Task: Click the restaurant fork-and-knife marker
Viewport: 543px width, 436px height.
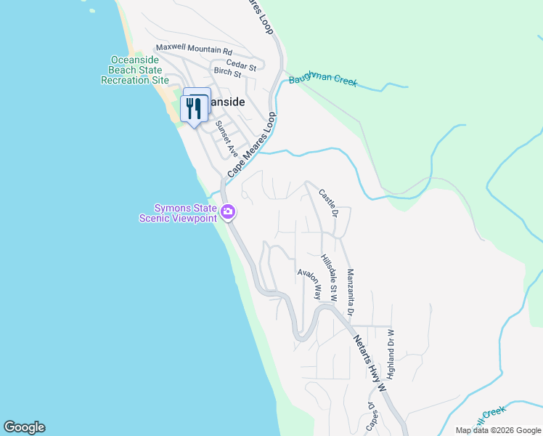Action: point(195,108)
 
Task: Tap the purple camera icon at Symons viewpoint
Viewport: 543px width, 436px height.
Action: point(228,212)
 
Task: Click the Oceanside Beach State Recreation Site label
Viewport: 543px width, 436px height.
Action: point(139,70)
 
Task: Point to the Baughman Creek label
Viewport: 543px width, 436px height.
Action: point(323,81)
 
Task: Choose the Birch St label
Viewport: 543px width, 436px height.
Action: point(227,73)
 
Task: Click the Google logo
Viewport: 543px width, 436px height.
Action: point(24,427)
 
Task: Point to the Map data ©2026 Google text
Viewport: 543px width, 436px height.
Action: point(498,430)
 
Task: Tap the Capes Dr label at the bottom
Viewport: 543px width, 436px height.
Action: point(372,419)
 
